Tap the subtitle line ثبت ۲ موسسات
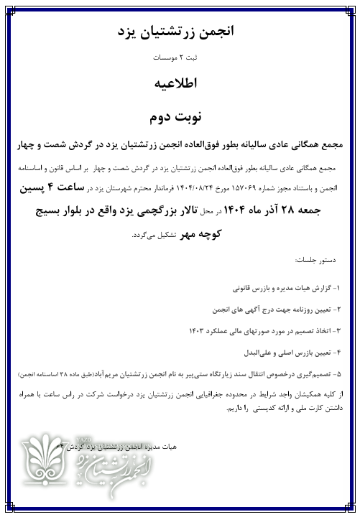click(180, 56)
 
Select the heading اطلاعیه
click(180, 83)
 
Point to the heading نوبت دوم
click(180, 115)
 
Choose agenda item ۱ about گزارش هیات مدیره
click(283, 287)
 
